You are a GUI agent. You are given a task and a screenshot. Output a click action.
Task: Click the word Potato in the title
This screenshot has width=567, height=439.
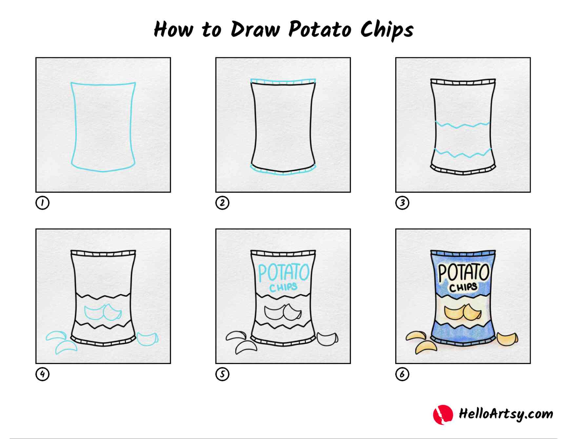[320, 29]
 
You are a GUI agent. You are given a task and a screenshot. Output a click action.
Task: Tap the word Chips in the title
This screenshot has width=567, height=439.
[387, 30]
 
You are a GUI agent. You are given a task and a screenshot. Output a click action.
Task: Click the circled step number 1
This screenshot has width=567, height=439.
[42, 203]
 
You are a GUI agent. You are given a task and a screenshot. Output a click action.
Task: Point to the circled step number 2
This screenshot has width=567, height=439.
[222, 203]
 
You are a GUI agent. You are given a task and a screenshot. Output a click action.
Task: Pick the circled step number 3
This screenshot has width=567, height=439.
[402, 203]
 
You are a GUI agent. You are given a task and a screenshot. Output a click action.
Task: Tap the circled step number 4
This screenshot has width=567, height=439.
[42, 374]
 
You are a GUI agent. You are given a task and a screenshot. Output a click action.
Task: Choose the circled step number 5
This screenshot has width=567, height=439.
[222, 374]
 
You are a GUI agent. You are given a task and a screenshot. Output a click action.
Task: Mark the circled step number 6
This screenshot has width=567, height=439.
[402, 374]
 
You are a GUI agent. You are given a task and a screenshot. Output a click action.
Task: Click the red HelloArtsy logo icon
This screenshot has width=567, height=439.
[443, 414]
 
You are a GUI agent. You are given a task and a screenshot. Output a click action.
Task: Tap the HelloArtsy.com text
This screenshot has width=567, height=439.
[506, 414]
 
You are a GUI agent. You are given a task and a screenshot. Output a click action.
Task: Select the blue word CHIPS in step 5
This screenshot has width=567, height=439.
[283, 287]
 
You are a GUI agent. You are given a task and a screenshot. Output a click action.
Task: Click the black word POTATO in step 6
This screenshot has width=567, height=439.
[464, 273]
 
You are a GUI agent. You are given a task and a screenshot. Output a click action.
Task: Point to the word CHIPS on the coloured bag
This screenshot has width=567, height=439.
[463, 287]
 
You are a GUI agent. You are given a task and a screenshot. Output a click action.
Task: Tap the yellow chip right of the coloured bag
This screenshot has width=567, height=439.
[507, 339]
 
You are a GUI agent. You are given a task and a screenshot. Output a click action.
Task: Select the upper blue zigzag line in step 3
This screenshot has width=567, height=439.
[463, 124]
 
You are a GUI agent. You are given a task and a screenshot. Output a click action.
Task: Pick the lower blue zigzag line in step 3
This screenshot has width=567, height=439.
[463, 153]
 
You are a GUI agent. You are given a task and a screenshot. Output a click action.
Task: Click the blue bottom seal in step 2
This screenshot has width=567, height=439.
[283, 170]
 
